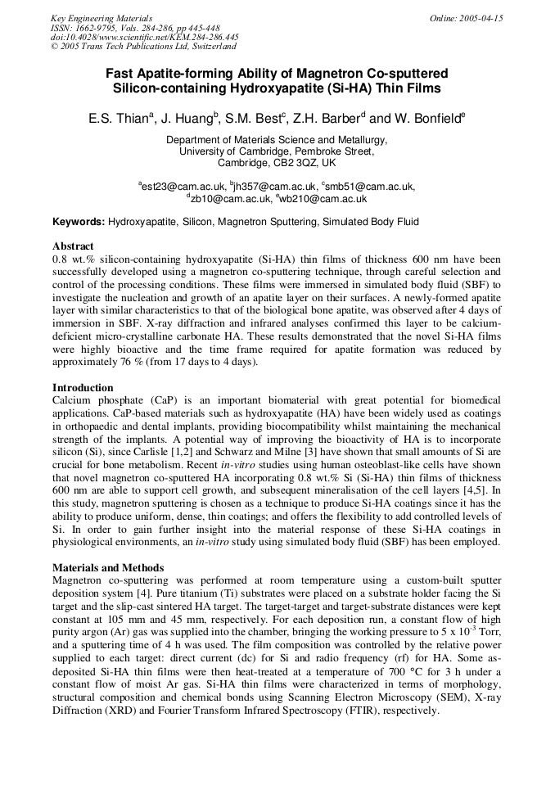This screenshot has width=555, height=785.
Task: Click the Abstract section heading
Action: coord(73,246)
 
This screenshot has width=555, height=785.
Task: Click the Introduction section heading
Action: coord(83,387)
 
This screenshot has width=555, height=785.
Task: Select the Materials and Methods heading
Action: coord(108,567)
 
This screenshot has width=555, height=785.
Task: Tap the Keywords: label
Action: coord(79,222)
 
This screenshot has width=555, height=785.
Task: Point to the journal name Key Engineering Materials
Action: coord(102,18)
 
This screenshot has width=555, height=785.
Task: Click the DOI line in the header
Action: coord(144,37)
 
